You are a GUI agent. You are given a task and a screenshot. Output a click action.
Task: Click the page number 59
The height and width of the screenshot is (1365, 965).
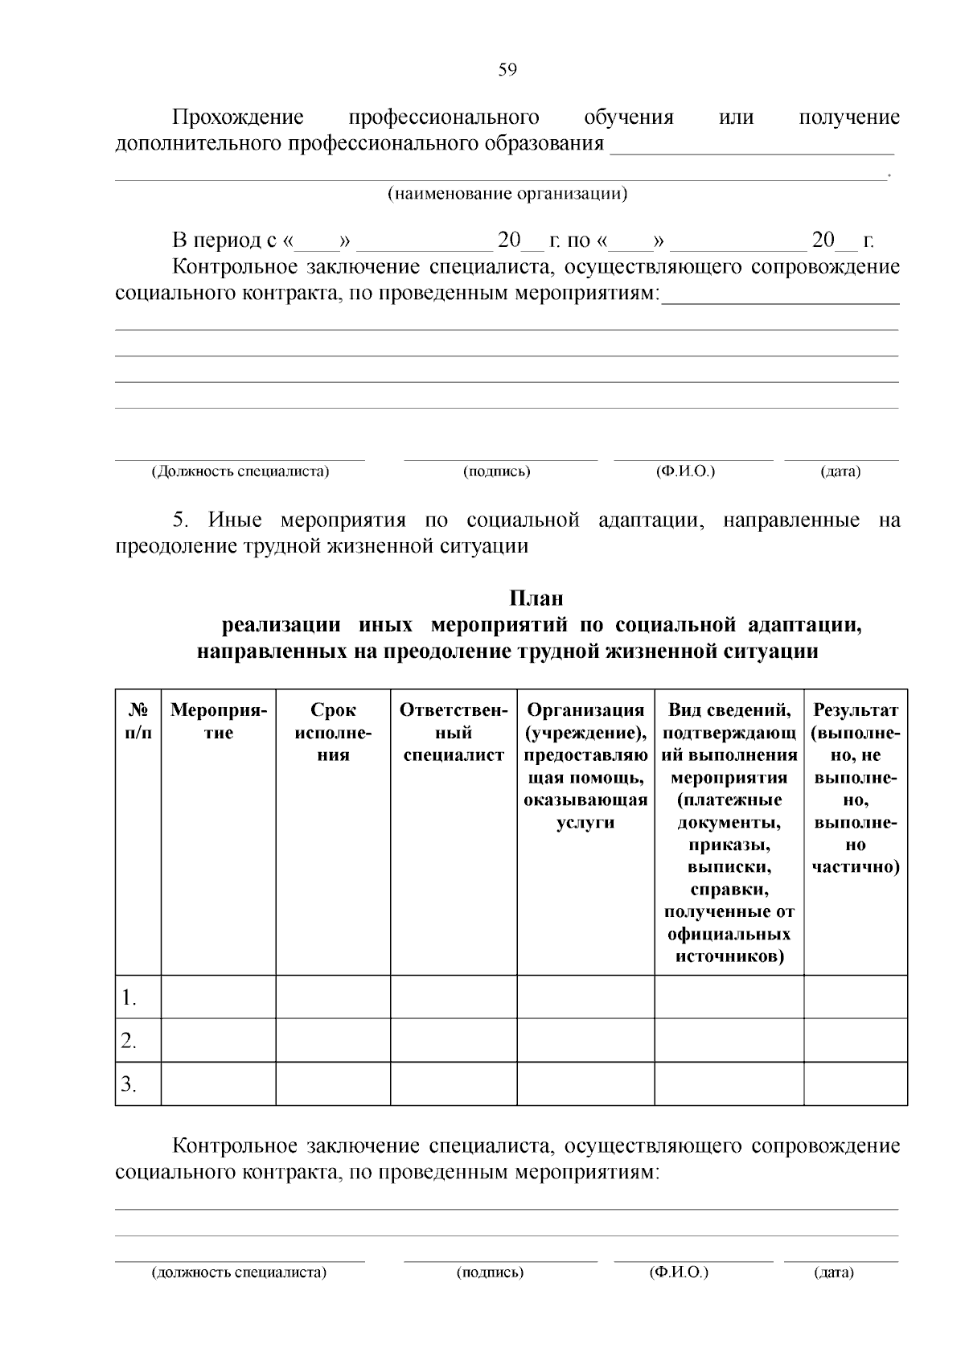507,70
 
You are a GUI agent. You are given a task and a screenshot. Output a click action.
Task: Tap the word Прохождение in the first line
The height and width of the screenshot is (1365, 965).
238,118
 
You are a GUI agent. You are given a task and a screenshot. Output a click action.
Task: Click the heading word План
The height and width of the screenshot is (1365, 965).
536,599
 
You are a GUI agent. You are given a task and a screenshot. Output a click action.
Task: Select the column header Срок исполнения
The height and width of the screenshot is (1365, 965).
333,733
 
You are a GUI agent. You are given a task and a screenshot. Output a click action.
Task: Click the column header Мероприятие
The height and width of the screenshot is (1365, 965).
218,722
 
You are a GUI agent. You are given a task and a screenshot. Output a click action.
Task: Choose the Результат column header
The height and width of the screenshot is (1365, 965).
856,788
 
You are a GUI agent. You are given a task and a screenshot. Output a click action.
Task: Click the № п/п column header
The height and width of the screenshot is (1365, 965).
138,722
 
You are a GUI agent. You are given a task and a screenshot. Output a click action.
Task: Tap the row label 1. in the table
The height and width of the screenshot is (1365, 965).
129,998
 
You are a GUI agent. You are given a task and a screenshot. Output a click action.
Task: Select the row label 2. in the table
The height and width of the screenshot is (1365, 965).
129,1042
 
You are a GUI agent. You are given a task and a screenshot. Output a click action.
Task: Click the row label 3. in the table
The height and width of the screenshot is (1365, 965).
129,1085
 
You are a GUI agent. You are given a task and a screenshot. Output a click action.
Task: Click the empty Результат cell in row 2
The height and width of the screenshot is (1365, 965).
856,1041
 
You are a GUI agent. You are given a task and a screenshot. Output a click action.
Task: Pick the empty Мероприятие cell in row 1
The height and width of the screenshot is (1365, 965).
218,997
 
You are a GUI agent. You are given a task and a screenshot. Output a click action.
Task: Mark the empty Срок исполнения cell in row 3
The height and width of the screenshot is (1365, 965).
333,1084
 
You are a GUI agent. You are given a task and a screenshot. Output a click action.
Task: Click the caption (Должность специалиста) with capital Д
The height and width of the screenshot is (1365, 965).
240,471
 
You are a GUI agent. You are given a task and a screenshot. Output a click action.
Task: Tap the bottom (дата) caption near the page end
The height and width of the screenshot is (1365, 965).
834,1272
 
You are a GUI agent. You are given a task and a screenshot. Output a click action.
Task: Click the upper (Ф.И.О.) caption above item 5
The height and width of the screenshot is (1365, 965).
685,471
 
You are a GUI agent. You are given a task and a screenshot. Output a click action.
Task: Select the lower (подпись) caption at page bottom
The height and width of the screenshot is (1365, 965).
490,1272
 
